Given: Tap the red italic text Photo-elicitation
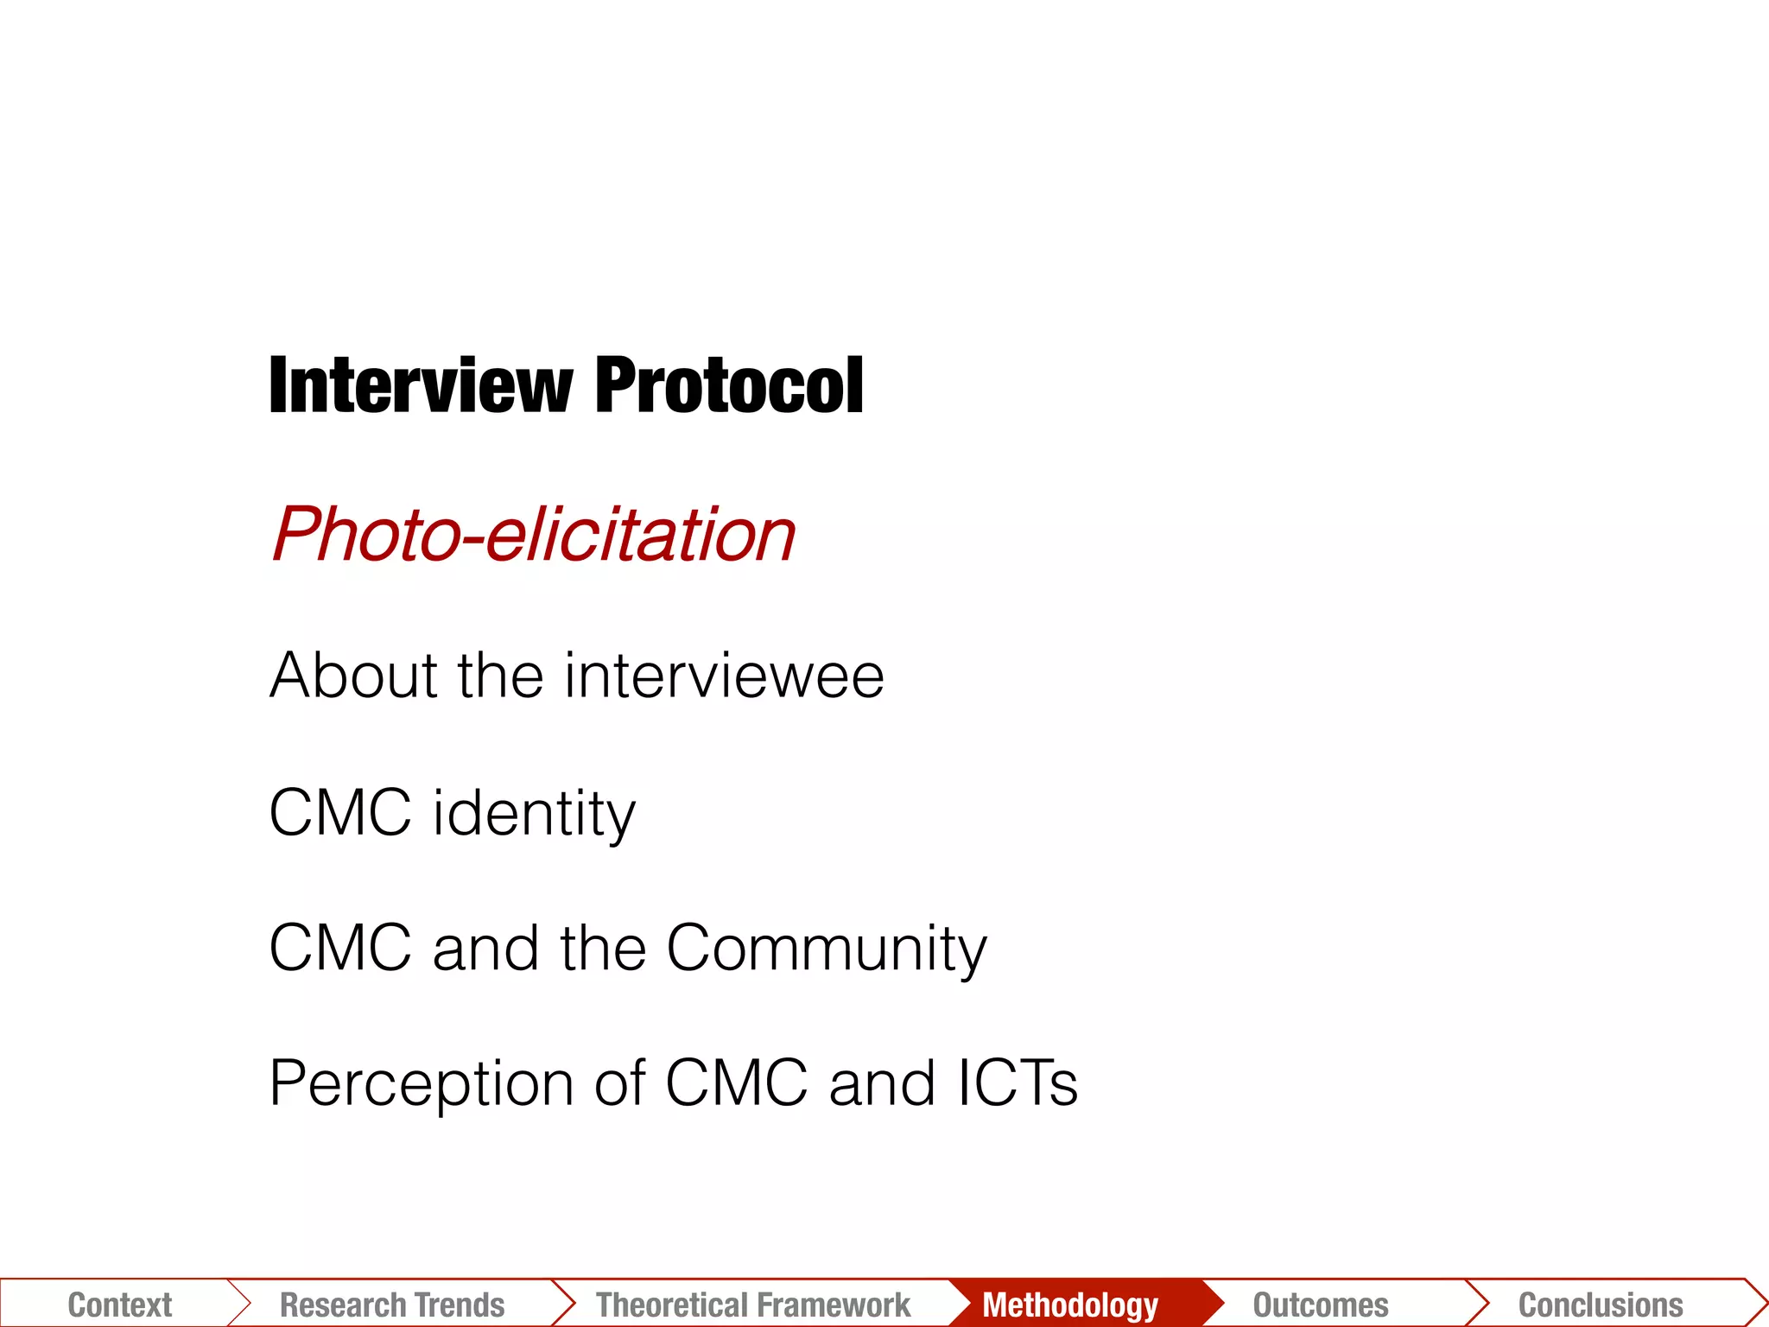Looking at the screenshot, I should (533, 535).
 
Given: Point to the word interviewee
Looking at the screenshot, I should (724, 675).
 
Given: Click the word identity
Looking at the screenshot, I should (534, 813).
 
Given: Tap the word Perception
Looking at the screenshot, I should (422, 1083).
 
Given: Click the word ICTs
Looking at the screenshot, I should (1018, 1083).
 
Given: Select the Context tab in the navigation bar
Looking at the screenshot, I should (120, 1305).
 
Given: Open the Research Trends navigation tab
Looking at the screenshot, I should (392, 1305).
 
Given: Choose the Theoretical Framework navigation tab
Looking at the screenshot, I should (753, 1305).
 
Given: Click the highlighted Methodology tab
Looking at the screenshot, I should (1070, 1305).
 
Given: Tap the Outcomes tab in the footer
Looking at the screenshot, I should (1321, 1305).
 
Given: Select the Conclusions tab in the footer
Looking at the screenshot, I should (1601, 1305).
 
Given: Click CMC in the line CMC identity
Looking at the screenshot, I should (340, 813).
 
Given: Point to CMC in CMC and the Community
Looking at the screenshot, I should (340, 949).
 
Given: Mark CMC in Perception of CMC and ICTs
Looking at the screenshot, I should (737, 1083).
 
